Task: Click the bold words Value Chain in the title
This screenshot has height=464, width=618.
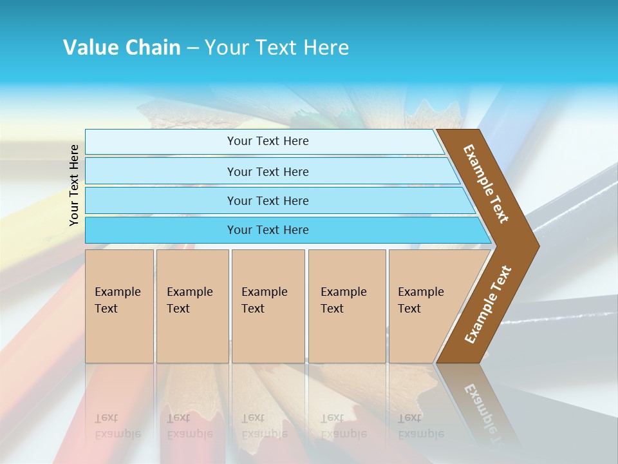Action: [122, 48]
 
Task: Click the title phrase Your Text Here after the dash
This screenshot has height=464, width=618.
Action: [277, 48]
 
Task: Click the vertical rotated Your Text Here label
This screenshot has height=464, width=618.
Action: [74, 185]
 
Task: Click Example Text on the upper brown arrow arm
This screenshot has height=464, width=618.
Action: [486, 184]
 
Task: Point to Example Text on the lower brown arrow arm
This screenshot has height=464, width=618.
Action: [488, 304]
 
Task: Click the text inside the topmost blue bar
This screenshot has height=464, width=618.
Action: [268, 141]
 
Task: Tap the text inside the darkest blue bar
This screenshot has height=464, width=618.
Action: [268, 230]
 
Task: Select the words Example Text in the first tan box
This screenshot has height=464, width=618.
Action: [117, 300]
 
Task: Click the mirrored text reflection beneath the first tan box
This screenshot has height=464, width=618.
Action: [117, 426]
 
